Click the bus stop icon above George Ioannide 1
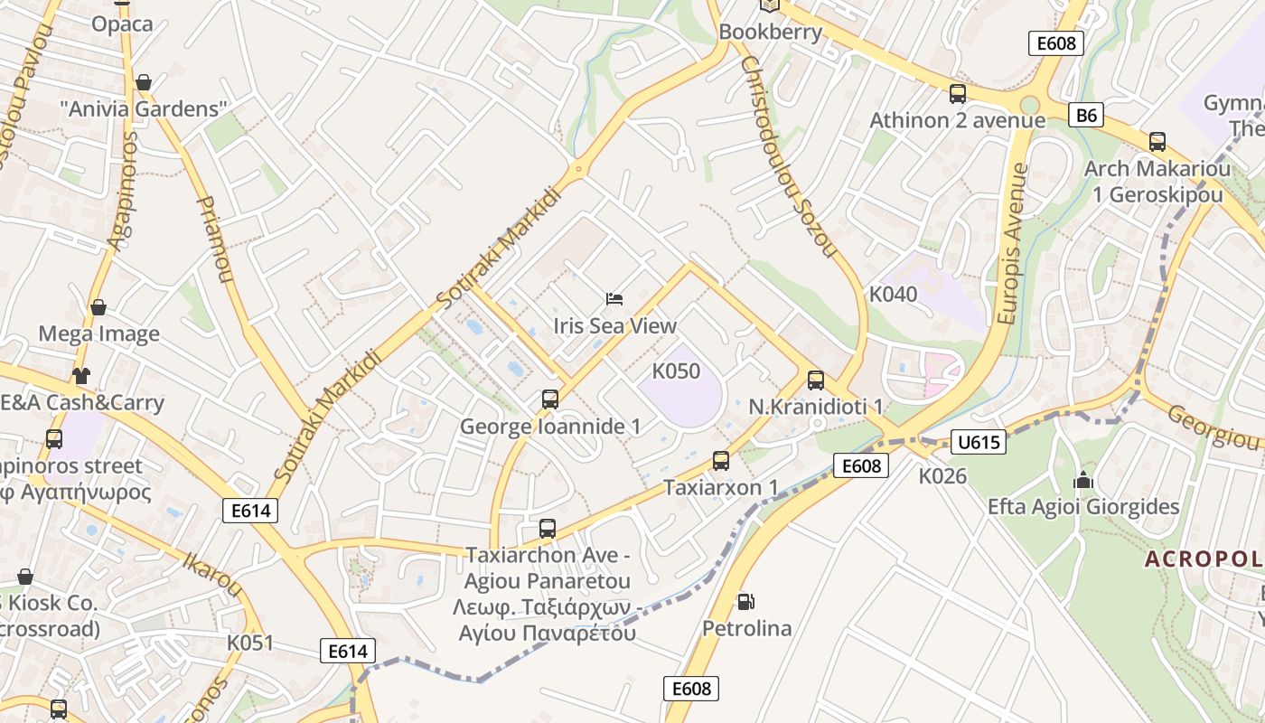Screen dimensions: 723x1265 point(549,399)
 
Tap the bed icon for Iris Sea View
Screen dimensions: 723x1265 point(614,298)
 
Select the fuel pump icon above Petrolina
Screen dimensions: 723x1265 point(745,601)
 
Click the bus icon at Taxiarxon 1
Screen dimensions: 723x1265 point(720,461)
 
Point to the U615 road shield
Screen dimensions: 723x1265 point(979,442)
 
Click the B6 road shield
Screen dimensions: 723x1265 point(1086,115)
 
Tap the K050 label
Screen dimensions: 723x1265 point(676,371)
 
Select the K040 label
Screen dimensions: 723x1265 point(893,294)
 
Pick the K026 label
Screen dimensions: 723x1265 point(942,475)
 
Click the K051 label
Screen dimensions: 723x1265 point(249,643)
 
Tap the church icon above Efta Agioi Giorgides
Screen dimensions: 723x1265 point(1082,480)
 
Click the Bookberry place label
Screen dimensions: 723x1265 point(770,33)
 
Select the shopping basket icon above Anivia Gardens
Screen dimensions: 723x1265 point(143,83)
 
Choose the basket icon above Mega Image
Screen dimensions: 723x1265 point(98,307)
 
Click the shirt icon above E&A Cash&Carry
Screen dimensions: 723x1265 point(81,375)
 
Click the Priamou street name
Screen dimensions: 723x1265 point(213,239)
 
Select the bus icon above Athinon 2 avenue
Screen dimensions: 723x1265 point(957,94)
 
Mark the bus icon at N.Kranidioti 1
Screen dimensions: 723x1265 point(815,380)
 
